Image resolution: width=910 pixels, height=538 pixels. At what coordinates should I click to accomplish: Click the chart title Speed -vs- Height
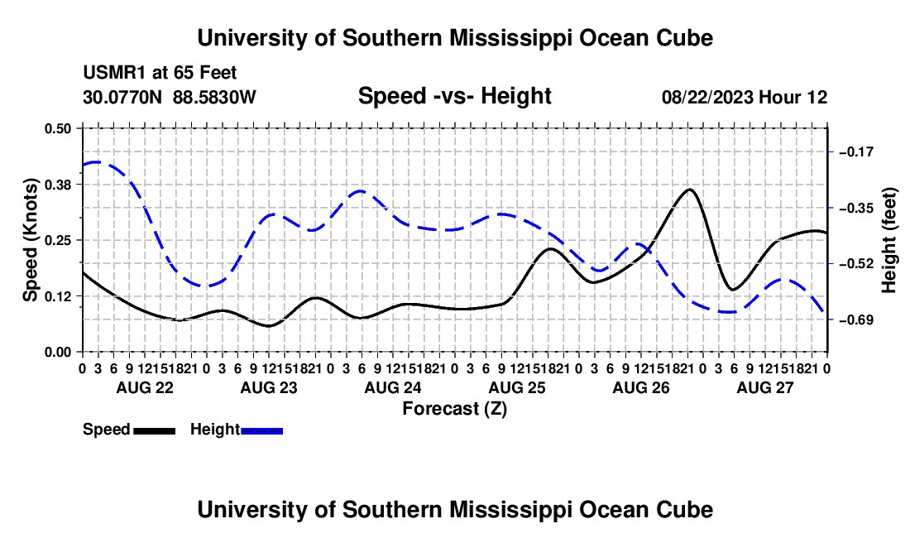[x=454, y=96]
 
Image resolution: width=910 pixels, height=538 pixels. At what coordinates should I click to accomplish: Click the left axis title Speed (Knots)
[x=30, y=240]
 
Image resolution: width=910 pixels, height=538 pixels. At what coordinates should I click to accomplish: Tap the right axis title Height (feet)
[x=888, y=240]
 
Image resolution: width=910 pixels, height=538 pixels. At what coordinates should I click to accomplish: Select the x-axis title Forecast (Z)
[x=454, y=409]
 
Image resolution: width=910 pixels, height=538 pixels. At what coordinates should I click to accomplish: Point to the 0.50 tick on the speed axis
[x=57, y=128]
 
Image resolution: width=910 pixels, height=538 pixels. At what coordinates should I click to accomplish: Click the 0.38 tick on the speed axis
[x=57, y=185]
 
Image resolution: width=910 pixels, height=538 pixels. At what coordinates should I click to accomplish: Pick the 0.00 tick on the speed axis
[x=57, y=353]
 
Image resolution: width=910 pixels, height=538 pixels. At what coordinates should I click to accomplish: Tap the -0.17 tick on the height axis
[x=856, y=152]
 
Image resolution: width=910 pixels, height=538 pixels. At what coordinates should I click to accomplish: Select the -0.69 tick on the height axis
[x=856, y=319]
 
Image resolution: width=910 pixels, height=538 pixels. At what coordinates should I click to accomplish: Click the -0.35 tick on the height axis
[x=856, y=208]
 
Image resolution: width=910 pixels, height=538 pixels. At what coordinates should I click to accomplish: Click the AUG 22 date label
[x=145, y=387]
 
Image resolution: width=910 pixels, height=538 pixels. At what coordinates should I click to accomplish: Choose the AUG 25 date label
[x=517, y=387]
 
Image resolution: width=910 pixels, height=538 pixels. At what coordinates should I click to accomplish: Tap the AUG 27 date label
[x=765, y=387]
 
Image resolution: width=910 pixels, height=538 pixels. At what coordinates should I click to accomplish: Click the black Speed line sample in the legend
[x=155, y=431]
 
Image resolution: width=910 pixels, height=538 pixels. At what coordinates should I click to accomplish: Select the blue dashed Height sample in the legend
[x=261, y=431]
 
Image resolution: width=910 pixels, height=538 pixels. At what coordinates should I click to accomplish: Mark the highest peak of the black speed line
[x=689, y=190]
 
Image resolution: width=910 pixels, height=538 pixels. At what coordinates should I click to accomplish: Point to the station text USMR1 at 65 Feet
[x=160, y=73]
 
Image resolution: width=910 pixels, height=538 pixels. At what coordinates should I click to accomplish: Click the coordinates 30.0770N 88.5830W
[x=169, y=97]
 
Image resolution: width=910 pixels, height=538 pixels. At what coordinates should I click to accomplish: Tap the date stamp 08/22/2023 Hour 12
[x=745, y=97]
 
